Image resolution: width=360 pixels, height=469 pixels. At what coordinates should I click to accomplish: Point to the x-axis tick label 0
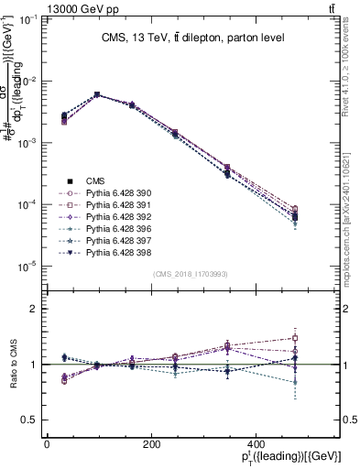(47, 444)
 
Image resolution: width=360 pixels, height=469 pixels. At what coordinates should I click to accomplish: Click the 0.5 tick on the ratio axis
(27, 420)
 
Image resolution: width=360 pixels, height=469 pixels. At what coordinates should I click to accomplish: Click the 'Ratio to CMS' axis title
(13, 365)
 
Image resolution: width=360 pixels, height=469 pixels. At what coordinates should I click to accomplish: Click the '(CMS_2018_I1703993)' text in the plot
(191, 273)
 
